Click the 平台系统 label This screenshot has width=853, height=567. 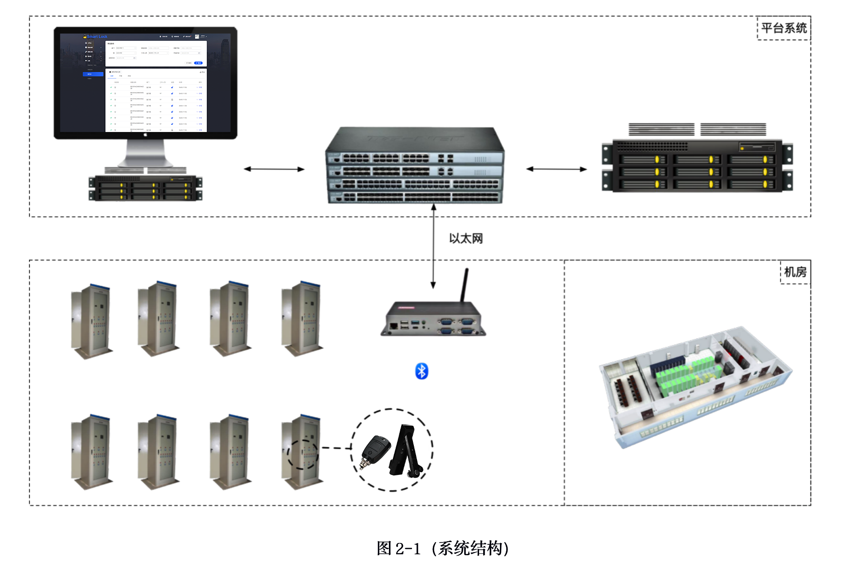coord(784,28)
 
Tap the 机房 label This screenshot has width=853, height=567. coord(795,272)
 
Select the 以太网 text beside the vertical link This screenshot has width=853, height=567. coord(465,238)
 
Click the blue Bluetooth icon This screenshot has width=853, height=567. coord(422,371)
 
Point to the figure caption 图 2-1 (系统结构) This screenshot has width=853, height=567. coord(442,548)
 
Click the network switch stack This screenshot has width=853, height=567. coord(414,166)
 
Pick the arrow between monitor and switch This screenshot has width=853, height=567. coord(274,169)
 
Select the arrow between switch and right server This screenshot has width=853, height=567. coord(556,169)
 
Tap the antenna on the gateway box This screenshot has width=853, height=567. coord(464,285)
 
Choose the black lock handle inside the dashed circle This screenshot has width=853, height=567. coord(406,451)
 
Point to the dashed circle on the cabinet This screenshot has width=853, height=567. coord(303,455)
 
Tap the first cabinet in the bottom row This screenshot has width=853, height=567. coord(91,452)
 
